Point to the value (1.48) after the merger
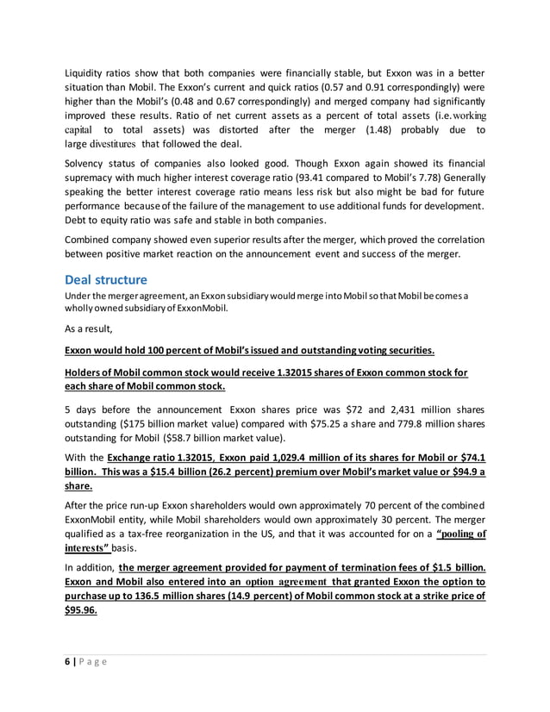coord(377,129)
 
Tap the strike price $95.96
coord(82,610)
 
